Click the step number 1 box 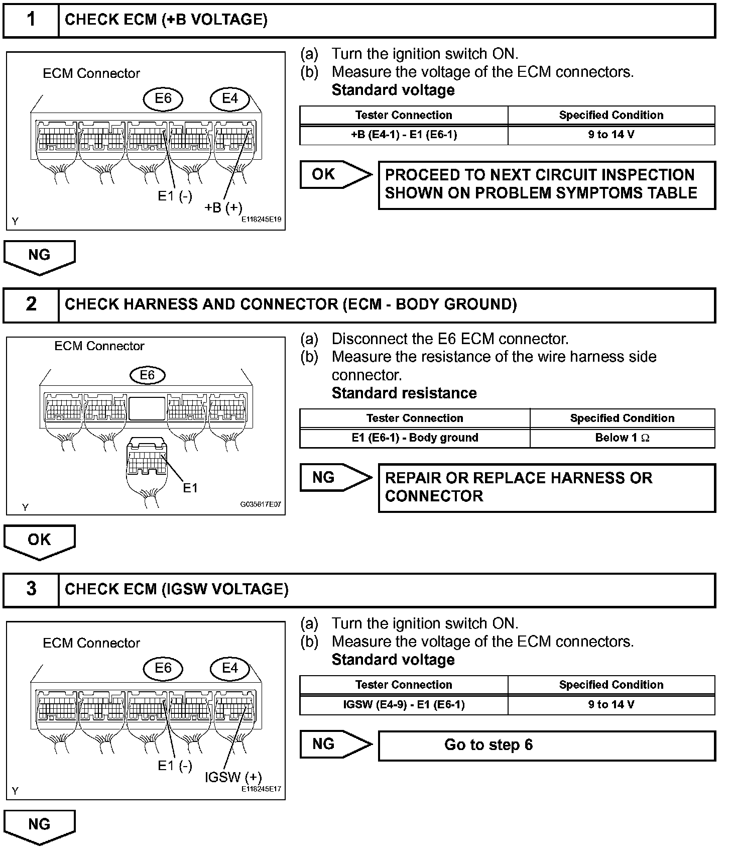31,20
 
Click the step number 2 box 31,304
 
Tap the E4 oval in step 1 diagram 230,98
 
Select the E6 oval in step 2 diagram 147,375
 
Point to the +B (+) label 223,207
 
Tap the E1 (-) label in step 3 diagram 175,766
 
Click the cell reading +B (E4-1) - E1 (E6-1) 404,135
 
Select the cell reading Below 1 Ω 622,438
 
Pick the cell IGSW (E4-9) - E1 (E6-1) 404,704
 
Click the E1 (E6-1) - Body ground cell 415,438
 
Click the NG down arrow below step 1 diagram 39,256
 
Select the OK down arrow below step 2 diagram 39,541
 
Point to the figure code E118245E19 261,220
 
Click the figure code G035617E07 261,504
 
